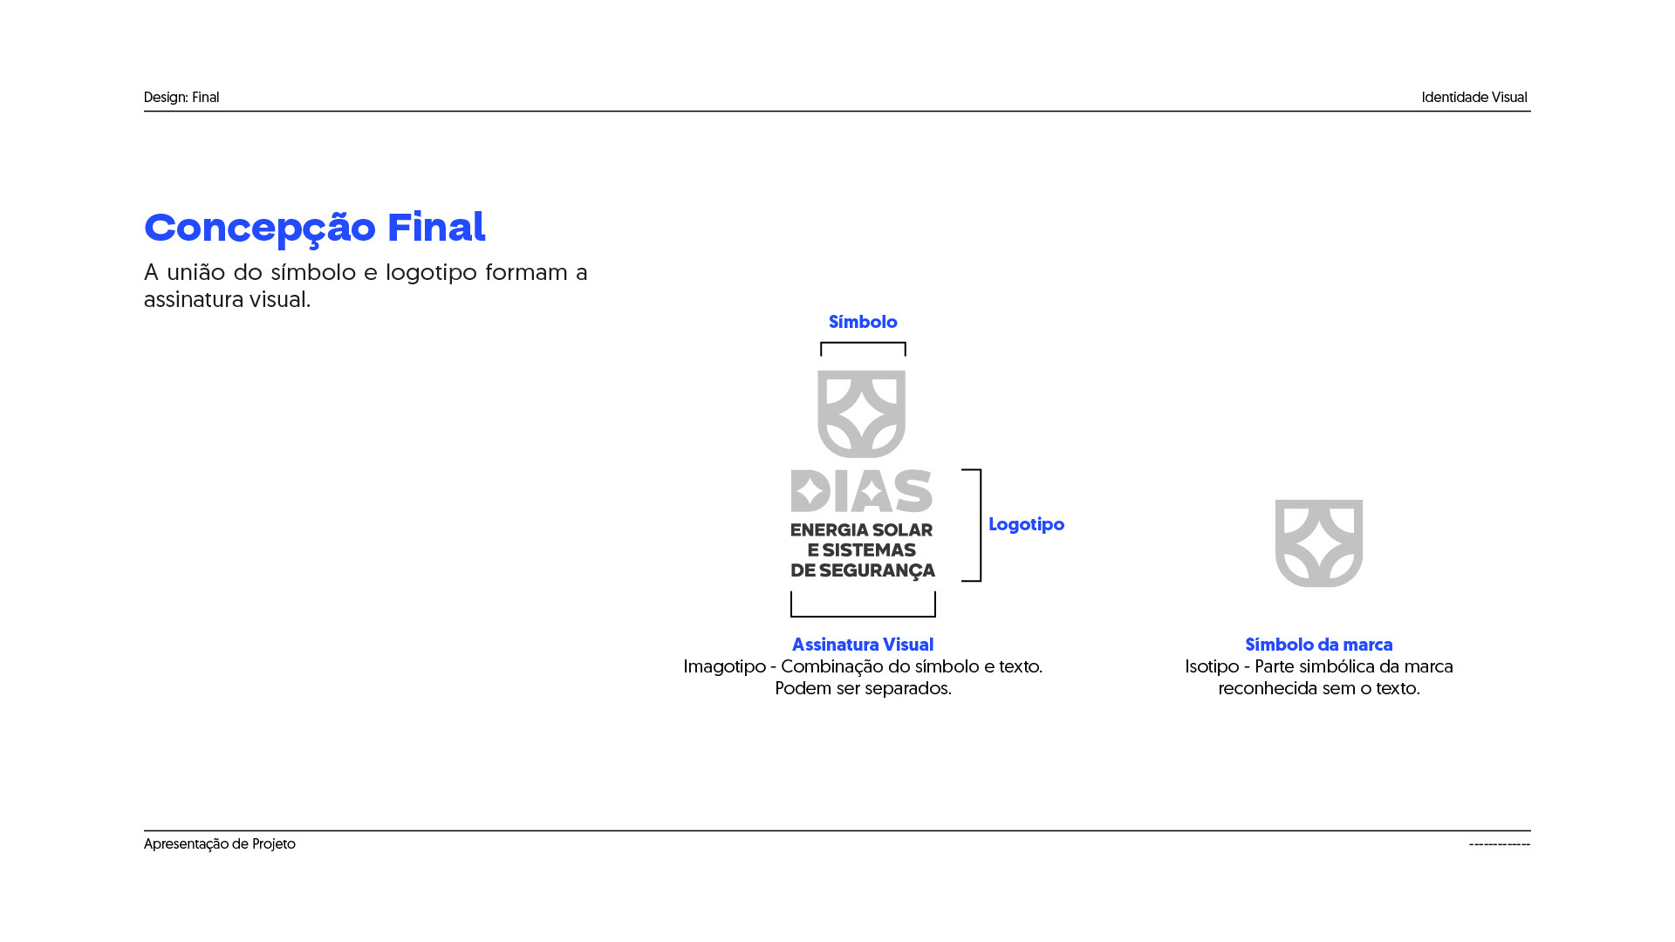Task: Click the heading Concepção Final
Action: click(314, 228)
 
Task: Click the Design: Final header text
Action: click(181, 98)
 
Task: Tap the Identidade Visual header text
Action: click(1473, 98)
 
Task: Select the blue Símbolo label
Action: click(863, 322)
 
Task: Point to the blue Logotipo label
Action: click(1026, 524)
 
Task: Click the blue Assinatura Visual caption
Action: click(863, 645)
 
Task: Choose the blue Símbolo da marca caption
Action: click(1318, 645)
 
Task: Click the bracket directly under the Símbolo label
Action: click(863, 345)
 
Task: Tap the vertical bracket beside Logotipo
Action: click(979, 525)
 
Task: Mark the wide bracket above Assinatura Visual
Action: click(863, 614)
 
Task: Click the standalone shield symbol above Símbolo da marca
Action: click(1318, 543)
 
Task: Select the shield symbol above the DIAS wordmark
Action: click(861, 413)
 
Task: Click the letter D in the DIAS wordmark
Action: click(810, 491)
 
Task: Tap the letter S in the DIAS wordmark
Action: click(913, 491)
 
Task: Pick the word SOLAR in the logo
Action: click(904, 530)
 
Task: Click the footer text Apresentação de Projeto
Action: click(220, 844)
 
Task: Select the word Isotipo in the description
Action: click(1212, 666)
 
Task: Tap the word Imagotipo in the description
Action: click(724, 666)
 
